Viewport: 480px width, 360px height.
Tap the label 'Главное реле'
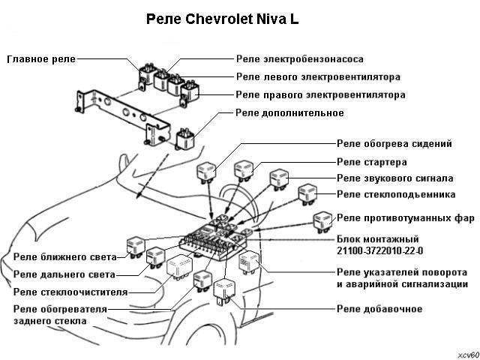(x=41, y=58)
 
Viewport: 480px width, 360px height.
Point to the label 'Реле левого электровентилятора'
(x=318, y=76)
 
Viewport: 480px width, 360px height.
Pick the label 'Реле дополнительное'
(x=289, y=113)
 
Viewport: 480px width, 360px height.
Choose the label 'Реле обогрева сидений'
(x=394, y=143)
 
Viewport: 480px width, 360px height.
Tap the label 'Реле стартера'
(x=372, y=161)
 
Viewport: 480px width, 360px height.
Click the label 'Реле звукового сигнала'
(x=394, y=178)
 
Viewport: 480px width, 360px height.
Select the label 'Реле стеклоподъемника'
(x=396, y=195)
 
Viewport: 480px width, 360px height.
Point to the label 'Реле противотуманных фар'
(x=406, y=218)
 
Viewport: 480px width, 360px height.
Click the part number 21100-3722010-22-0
(x=380, y=250)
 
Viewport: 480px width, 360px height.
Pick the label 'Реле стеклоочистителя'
(x=70, y=292)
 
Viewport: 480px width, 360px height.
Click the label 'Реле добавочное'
(x=379, y=309)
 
